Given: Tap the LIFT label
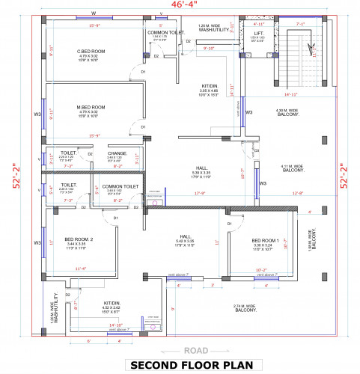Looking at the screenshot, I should tap(258, 33).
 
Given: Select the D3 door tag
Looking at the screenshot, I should tap(256, 150).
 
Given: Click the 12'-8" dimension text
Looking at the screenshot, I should tap(297, 193).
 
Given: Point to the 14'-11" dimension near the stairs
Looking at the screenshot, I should tap(290, 95).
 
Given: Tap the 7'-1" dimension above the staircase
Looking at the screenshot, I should tap(300, 24).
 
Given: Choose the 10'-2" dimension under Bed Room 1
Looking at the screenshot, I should tap(261, 270).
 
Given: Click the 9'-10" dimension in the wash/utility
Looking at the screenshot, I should tap(210, 48).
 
